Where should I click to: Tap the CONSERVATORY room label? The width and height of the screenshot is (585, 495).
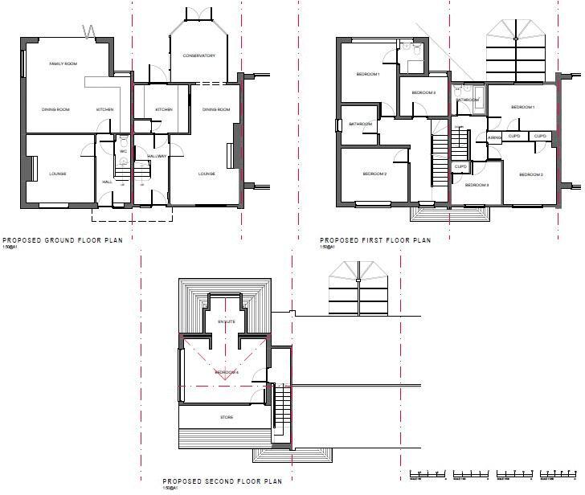tap(198, 55)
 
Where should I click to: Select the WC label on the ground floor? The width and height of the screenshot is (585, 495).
tap(124, 151)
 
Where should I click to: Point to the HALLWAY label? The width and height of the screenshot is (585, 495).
tap(156, 156)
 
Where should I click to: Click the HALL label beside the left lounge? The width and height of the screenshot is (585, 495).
tap(107, 182)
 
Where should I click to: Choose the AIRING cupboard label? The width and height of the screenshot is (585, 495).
tap(495, 137)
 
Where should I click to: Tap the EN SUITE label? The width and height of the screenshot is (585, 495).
tap(227, 321)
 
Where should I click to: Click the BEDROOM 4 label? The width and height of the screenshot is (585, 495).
tap(227, 373)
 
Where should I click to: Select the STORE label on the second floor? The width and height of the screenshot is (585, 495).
tap(227, 418)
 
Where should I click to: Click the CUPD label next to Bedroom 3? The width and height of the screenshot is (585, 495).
tap(460, 167)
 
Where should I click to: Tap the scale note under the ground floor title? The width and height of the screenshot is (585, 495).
tap(12, 247)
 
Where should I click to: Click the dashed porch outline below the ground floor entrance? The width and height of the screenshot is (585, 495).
tap(132, 215)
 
